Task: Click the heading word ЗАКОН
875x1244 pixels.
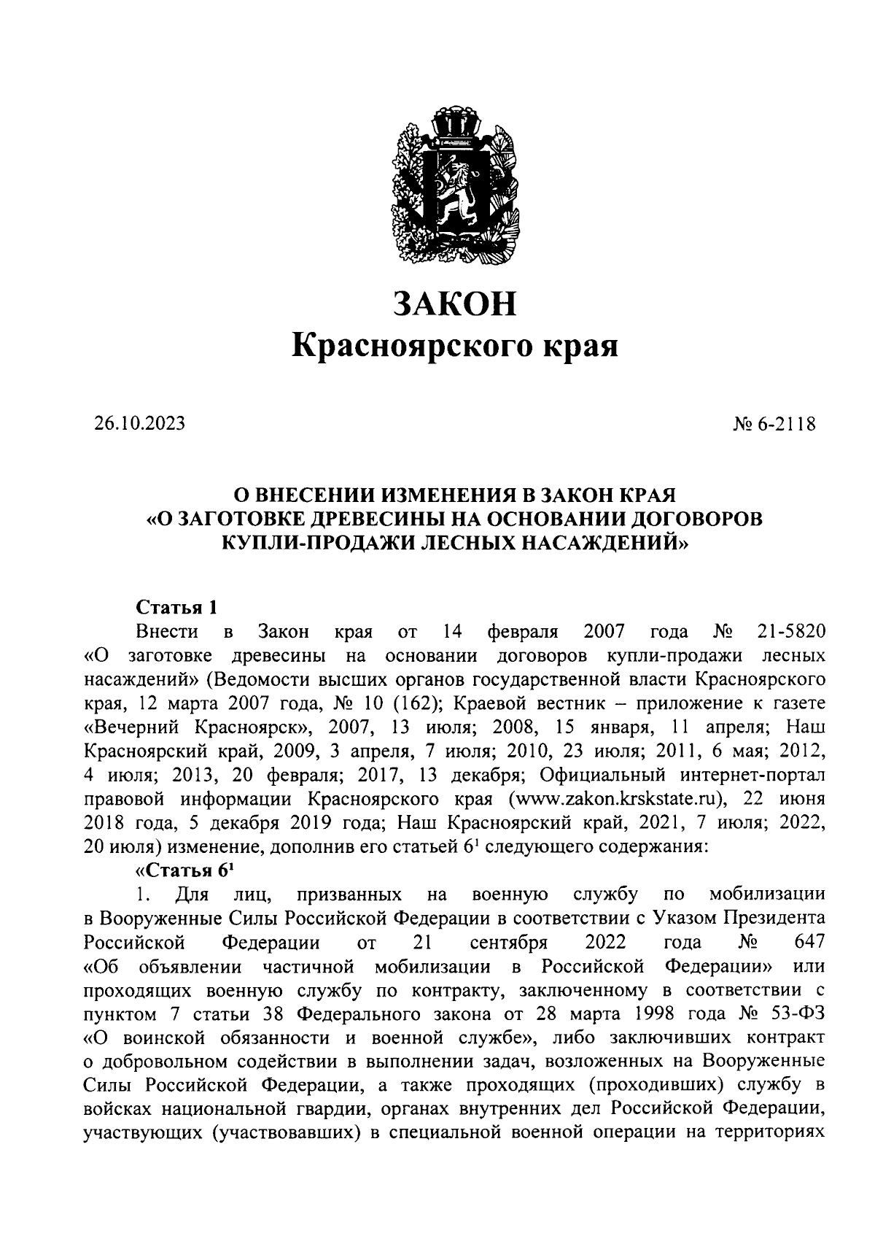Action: [455, 304]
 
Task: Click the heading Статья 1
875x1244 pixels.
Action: [177, 608]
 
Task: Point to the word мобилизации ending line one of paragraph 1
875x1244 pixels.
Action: [766, 895]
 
